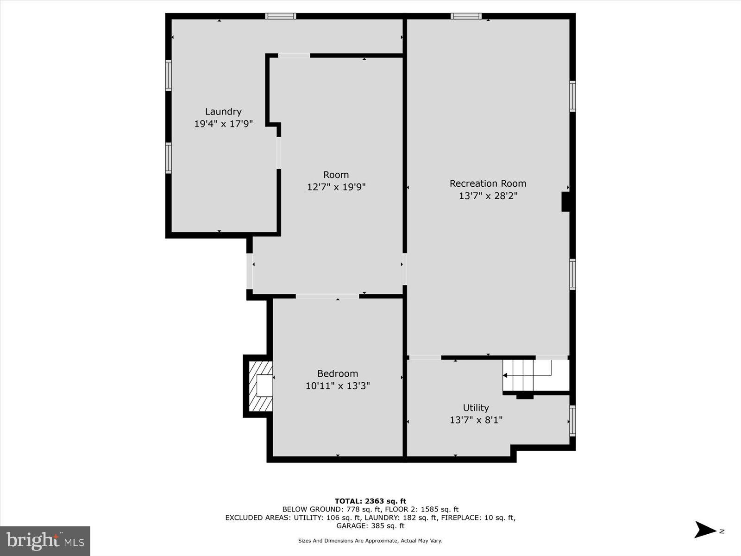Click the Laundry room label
pyautogui.click(x=223, y=112)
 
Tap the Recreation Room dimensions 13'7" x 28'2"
pyautogui.click(x=488, y=196)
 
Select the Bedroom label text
pyautogui.click(x=337, y=373)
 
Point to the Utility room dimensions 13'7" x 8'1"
pyautogui.click(x=476, y=420)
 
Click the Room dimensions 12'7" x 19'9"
pyautogui.click(x=336, y=187)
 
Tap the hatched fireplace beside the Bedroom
pyautogui.click(x=261, y=386)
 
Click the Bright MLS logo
pyautogui.click(x=45, y=541)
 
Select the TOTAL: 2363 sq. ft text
pyautogui.click(x=370, y=501)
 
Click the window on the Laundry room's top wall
pyautogui.click(x=280, y=16)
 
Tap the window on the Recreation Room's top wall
pyautogui.click(x=466, y=16)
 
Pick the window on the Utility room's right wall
pyautogui.click(x=572, y=421)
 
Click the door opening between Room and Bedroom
pyautogui.click(x=327, y=296)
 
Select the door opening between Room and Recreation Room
pyautogui.click(x=405, y=269)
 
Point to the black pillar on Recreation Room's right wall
pyautogui.click(x=565, y=202)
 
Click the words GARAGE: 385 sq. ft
pyautogui.click(x=370, y=526)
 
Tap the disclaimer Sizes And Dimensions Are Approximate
pyautogui.click(x=370, y=541)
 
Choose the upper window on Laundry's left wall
pyautogui.click(x=169, y=75)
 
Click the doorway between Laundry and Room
pyautogui.click(x=279, y=153)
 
